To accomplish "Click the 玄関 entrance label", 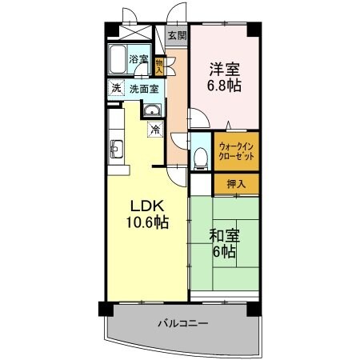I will coord(177,35).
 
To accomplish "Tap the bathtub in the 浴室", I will coord(117,59).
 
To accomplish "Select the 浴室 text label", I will coord(139,59).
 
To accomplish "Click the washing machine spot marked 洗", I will coord(116,89).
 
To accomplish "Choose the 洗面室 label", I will coord(144,89).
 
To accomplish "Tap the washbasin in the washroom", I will coord(152,110).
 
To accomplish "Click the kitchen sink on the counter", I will coord(117,147).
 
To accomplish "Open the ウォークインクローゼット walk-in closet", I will coord(236,152).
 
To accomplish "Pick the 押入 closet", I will coord(236,184).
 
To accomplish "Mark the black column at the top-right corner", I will coord(254,30).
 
